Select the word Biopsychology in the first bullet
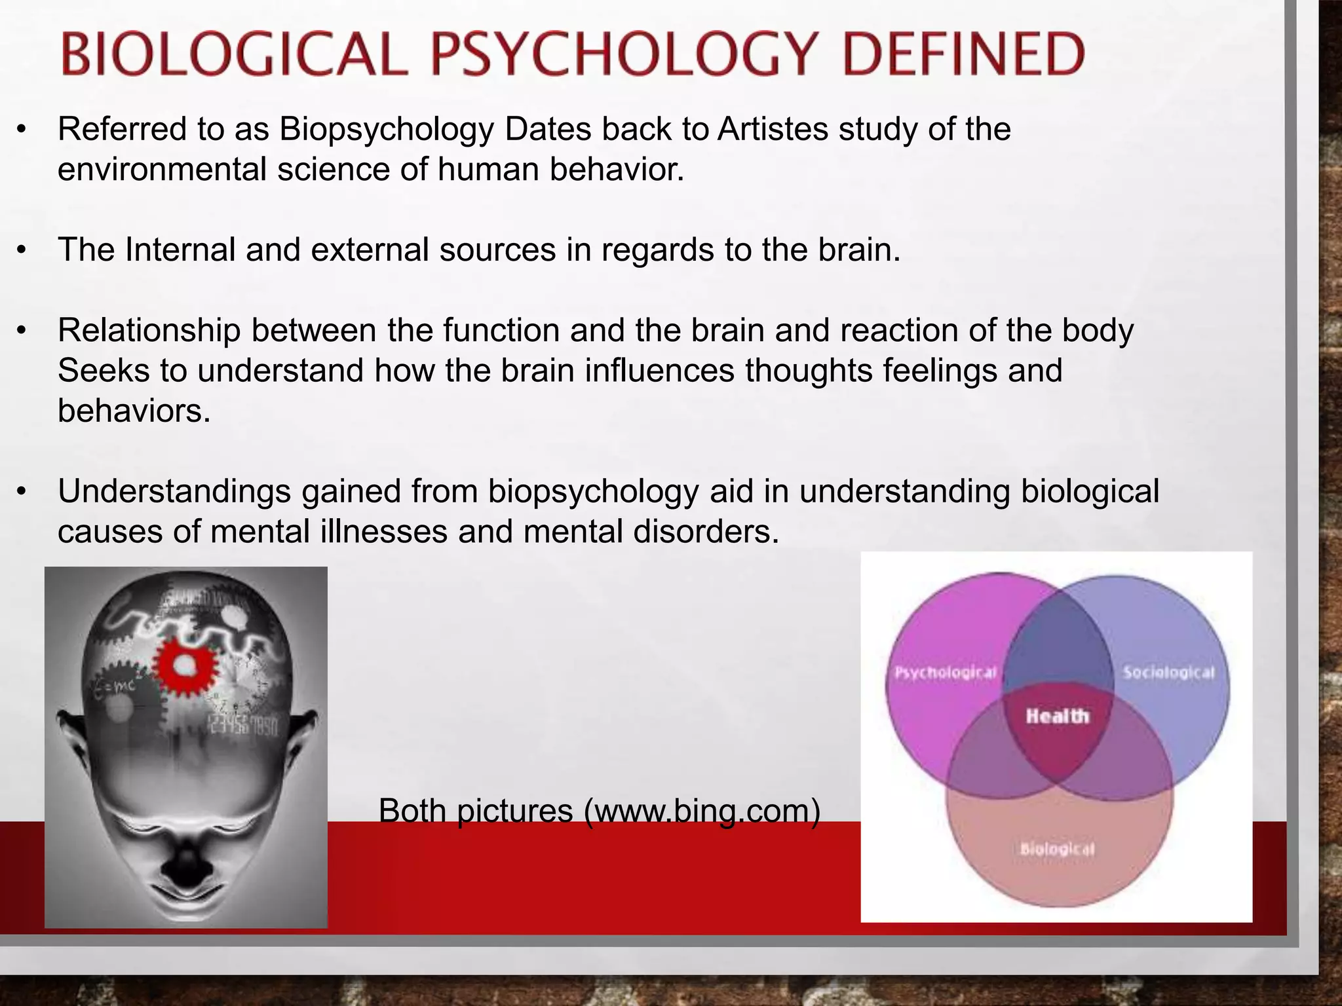387,129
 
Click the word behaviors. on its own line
134,411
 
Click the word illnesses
383,532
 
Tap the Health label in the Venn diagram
1057,716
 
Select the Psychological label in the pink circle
946,673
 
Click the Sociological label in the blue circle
1168,673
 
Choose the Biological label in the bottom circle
1057,849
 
